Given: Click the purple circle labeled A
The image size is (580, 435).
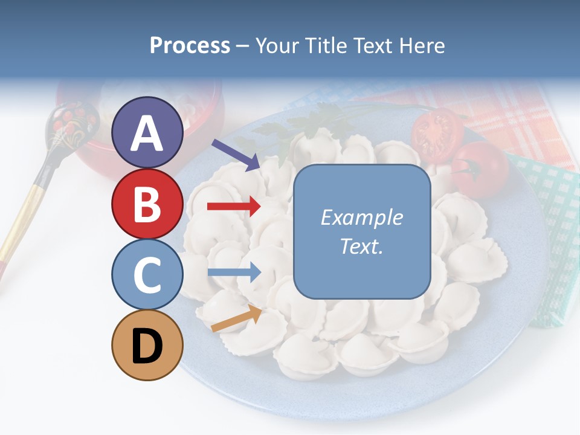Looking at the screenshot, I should [147, 132].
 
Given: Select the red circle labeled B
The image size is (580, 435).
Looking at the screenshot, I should [147, 204].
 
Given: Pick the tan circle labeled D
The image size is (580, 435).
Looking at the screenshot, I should [147, 345].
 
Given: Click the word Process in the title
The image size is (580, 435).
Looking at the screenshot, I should [190, 45].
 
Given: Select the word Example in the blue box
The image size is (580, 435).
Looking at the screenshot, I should [361, 217].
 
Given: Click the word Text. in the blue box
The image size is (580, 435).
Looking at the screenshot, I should [361, 246].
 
